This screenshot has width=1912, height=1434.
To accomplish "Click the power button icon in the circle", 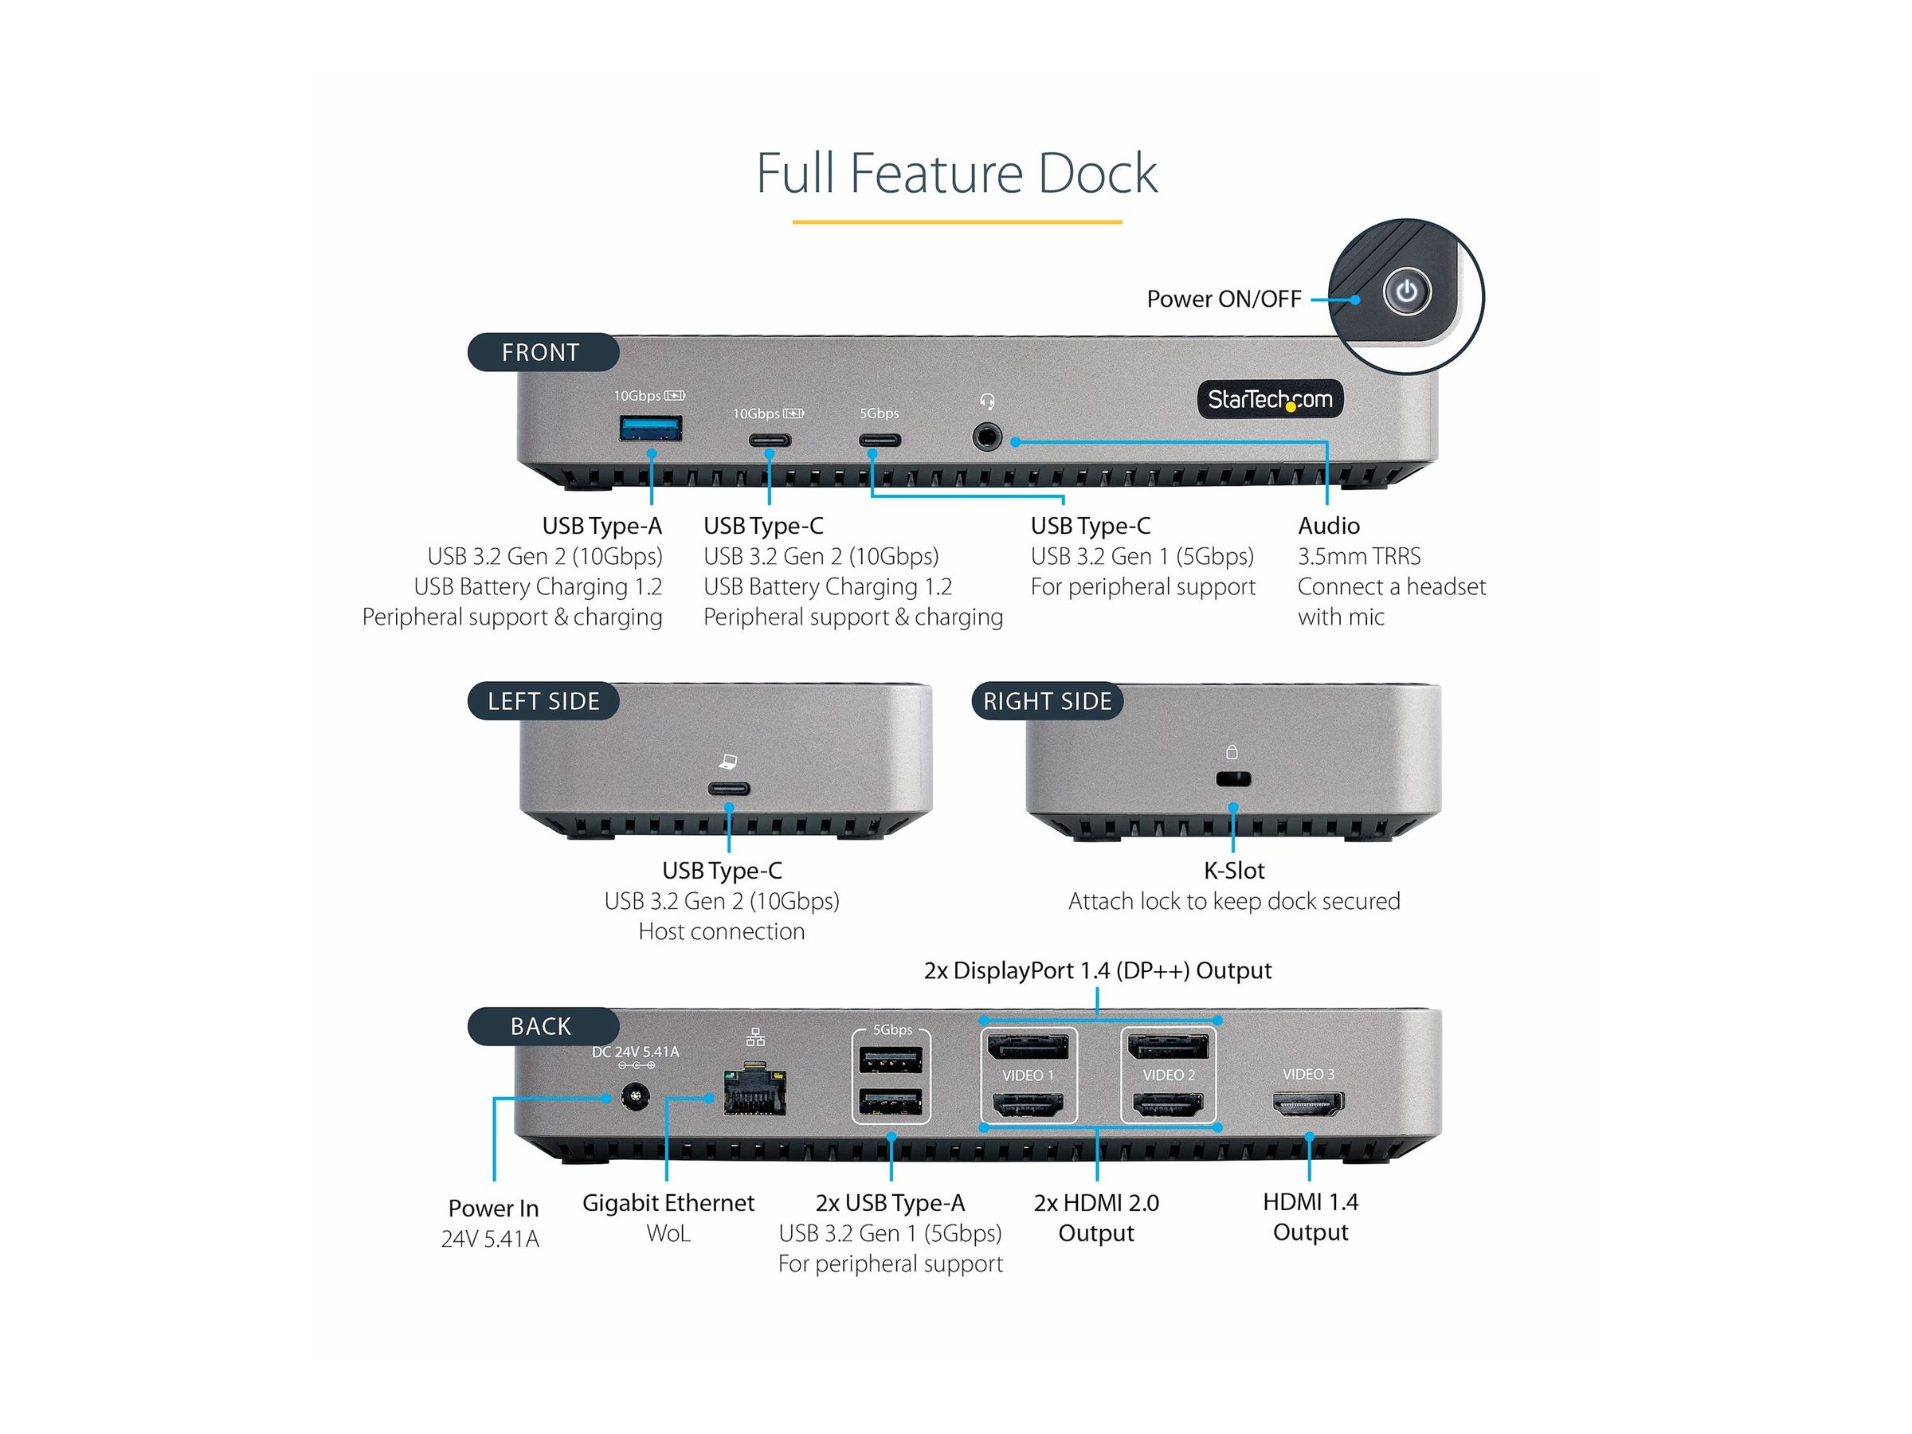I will (x=1406, y=292).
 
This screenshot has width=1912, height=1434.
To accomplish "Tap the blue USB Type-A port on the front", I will (x=651, y=428).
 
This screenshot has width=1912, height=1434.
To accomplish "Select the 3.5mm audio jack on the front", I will (x=987, y=437).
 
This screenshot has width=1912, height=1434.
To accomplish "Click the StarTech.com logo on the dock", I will (x=1269, y=399).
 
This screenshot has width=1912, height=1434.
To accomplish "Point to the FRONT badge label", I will (x=542, y=353).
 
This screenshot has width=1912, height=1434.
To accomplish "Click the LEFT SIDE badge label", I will (x=543, y=701).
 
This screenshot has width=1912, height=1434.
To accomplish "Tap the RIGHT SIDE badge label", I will (x=1047, y=701).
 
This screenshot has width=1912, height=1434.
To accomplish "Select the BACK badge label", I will (x=542, y=1026).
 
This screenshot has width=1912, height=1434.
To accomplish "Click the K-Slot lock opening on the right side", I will (x=1232, y=779).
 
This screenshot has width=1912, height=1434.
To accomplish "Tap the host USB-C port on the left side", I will (x=729, y=789).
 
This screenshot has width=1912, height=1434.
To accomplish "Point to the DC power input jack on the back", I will (x=635, y=1099).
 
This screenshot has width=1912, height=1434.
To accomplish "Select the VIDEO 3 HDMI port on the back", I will (x=1308, y=1102).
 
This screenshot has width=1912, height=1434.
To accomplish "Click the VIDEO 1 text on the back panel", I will (x=1028, y=1075).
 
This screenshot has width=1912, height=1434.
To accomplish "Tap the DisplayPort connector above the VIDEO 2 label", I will (x=1168, y=1048).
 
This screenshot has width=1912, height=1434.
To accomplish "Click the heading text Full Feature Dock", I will (x=956, y=174).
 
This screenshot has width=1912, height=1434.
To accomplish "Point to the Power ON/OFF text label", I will (x=1223, y=299).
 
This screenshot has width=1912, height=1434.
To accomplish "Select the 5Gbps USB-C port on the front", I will (x=879, y=440).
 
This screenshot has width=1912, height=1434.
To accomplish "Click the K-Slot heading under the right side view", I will (x=1233, y=871).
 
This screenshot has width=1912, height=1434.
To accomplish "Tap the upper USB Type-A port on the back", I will (x=891, y=1060).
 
